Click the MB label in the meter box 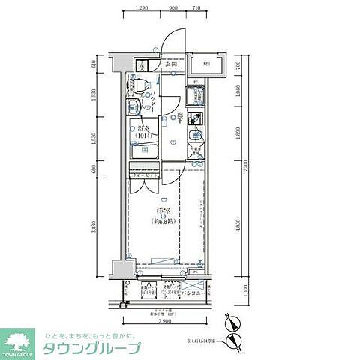tap(208, 65)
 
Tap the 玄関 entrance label tap(172, 65)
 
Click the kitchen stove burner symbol tap(196, 118)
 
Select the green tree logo tap(22, 339)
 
